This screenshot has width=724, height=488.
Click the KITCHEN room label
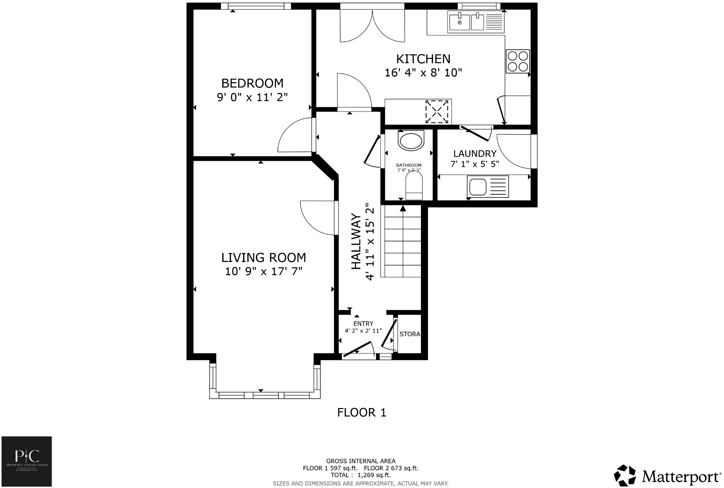tap(423, 59)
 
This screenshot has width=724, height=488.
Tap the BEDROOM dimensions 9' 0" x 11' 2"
tap(252, 97)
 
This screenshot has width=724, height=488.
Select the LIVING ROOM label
tap(263, 258)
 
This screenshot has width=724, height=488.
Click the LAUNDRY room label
tap(475, 154)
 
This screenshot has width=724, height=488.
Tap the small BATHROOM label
tap(409, 165)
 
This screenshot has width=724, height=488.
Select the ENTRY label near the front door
tap(363, 323)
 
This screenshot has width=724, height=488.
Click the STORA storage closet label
tap(409, 334)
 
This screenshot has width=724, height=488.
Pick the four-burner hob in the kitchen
tap(518, 61)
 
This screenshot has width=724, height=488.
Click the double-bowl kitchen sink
tap(466, 21)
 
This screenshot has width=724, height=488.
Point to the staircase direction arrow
tap(403, 208)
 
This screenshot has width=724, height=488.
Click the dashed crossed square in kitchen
tap(437, 112)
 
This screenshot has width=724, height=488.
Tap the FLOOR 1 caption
tap(361, 413)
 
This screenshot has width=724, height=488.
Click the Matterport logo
tap(668, 476)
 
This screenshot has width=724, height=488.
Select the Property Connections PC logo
tap(27, 461)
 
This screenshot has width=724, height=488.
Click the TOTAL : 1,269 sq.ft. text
tap(361, 475)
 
